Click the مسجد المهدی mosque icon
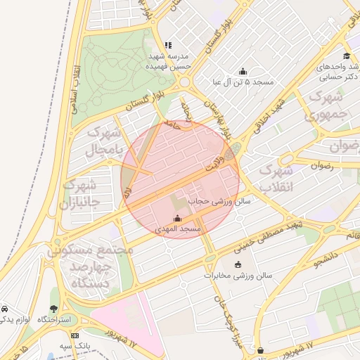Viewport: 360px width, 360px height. [x=176, y=218]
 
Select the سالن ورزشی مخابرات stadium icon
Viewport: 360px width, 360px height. [x=237, y=265]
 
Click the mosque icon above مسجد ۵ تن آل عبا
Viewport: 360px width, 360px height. [x=243, y=71]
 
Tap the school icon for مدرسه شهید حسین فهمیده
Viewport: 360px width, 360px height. [x=168, y=44]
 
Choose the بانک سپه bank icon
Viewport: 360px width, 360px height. [x=75, y=335]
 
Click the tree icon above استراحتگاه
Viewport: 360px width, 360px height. [x=54, y=309]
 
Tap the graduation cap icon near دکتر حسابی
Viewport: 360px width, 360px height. [x=346, y=56]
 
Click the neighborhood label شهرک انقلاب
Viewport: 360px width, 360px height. [x=275, y=179]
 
